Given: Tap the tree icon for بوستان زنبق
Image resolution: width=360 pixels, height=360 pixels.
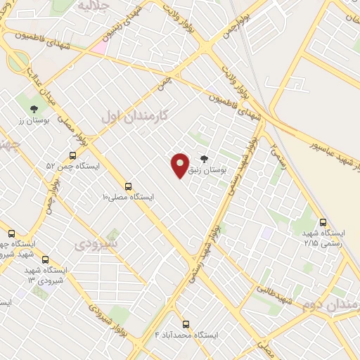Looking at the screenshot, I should (204, 159).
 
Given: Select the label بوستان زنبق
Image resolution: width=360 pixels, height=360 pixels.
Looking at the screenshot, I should (209, 171).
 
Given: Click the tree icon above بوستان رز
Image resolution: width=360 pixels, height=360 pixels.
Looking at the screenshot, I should (33, 108).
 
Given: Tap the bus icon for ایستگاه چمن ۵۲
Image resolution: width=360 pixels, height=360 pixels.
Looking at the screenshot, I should (72, 156).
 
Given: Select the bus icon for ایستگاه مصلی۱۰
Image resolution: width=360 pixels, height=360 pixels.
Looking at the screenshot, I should (128, 186).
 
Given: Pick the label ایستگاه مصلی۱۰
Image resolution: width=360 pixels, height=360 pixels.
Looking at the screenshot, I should (129, 198).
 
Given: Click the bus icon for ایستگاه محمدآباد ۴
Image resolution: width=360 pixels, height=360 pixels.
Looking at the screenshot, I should (186, 324).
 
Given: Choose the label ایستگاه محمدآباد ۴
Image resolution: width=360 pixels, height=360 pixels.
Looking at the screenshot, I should (186, 335).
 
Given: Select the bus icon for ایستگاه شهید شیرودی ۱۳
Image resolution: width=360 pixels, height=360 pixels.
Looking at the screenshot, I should (46, 259).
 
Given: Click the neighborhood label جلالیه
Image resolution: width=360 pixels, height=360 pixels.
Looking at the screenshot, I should (94, 6).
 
